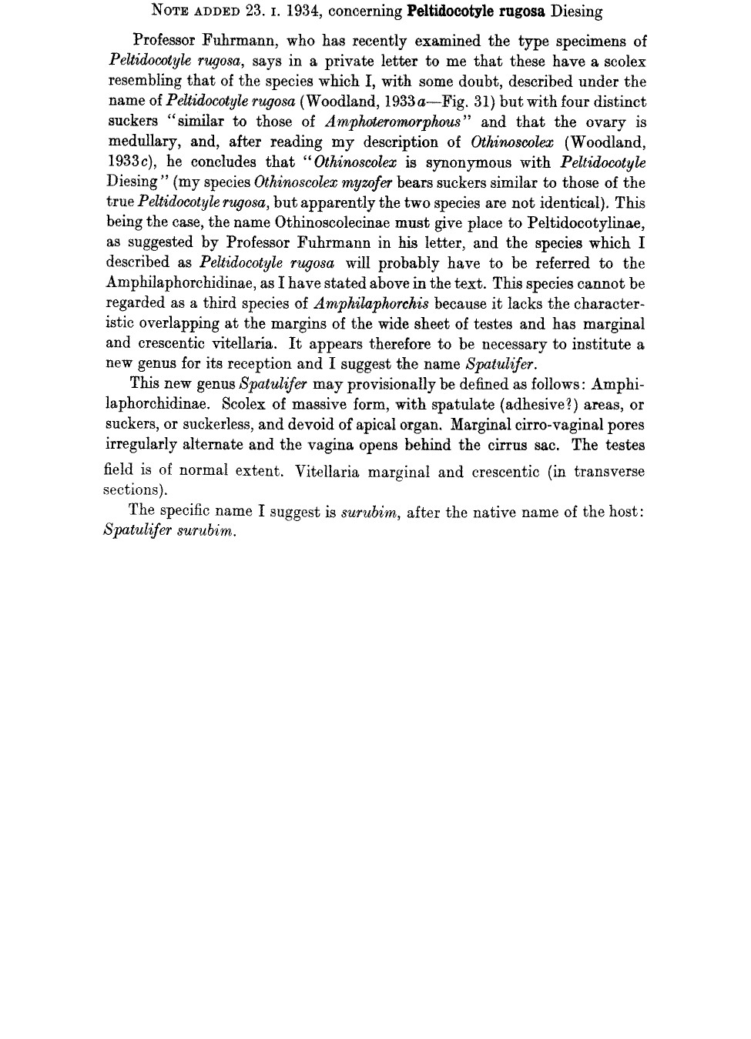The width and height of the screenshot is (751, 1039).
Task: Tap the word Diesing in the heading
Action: pos(576,12)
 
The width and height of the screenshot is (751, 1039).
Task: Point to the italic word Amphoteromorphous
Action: pos(393,122)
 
